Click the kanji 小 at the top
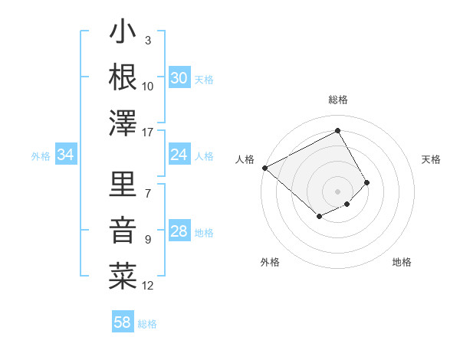(x=123, y=34)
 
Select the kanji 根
(x=123, y=77)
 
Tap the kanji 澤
(x=123, y=122)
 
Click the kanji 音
(x=123, y=228)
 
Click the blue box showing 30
(x=179, y=78)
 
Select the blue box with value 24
(x=179, y=155)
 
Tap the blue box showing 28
(x=179, y=232)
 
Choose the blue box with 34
(x=65, y=155)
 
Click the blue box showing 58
(x=123, y=322)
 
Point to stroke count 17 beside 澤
(x=148, y=133)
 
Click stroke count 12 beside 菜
(x=148, y=286)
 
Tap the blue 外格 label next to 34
(x=41, y=156)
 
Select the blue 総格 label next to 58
(x=147, y=324)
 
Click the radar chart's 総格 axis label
(x=337, y=100)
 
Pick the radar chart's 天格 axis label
(x=432, y=159)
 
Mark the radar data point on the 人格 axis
(x=264, y=168)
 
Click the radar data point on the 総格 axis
(x=337, y=130)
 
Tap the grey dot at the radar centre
(x=337, y=190)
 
